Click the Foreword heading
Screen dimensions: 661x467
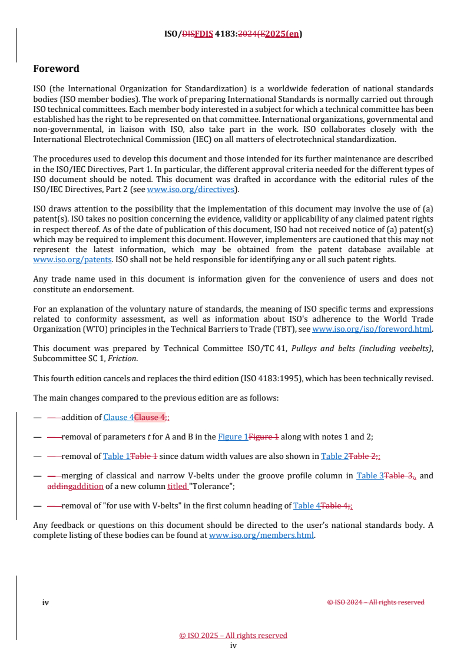56,69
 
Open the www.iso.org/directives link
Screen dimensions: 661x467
191,189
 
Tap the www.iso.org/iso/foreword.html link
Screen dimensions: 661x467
372,329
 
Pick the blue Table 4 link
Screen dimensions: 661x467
306,505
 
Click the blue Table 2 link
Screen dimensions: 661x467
335,456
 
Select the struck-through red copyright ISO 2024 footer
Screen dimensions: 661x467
375,602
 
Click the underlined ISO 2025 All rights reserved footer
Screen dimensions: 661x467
233,635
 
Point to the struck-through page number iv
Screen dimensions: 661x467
45,602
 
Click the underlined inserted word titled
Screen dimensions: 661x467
177,486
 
